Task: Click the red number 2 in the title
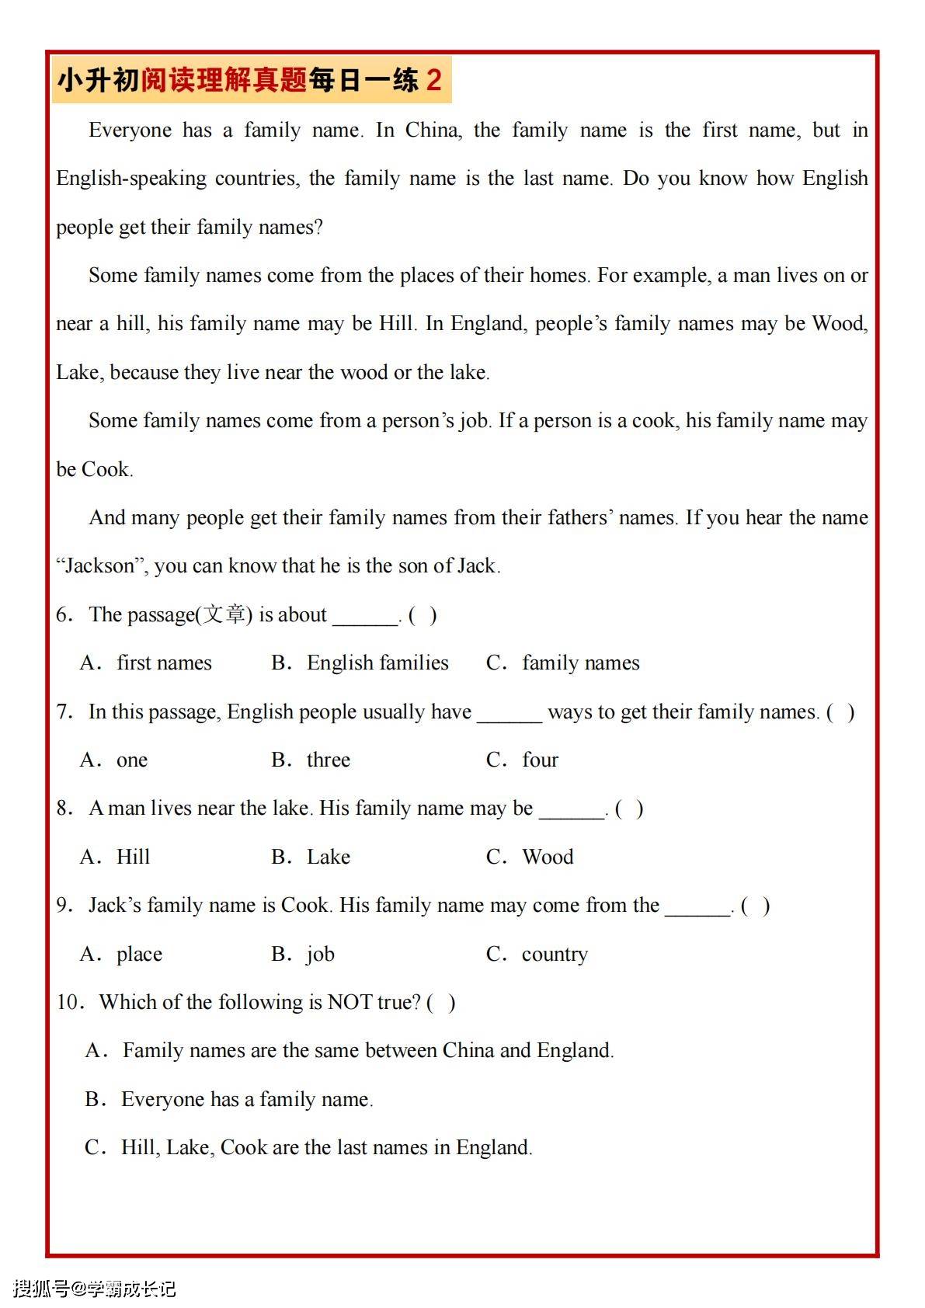tap(433, 80)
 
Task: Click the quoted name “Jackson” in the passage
tap(100, 566)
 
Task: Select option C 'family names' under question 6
tap(580, 663)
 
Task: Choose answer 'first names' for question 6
tap(164, 663)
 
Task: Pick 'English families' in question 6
tap(377, 663)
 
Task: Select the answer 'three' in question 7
tap(328, 760)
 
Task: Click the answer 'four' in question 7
tap(540, 760)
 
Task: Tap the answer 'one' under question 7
tap(131, 760)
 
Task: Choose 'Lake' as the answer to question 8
tap(328, 857)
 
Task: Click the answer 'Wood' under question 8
tap(548, 857)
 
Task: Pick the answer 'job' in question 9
tap(320, 954)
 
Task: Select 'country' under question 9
tap(555, 954)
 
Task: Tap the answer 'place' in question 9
tap(139, 954)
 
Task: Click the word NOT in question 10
tap(349, 1002)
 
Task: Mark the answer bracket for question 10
tap(441, 1003)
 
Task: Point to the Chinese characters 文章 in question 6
tap(224, 614)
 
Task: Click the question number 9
tap(63, 906)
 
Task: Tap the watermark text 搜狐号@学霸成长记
tap(94, 1289)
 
